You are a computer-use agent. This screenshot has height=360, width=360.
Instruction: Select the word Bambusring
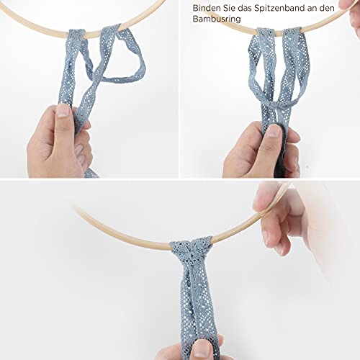(x=217, y=19)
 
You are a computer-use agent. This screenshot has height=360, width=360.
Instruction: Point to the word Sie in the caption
(x=230, y=8)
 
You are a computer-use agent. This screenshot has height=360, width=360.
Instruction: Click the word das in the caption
(x=245, y=8)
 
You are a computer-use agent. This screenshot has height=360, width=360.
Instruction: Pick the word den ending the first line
(x=327, y=8)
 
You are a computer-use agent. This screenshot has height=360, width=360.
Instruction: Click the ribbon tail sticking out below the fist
(x=91, y=174)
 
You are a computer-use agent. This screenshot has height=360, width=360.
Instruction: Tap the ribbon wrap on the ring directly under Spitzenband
(x=292, y=32)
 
